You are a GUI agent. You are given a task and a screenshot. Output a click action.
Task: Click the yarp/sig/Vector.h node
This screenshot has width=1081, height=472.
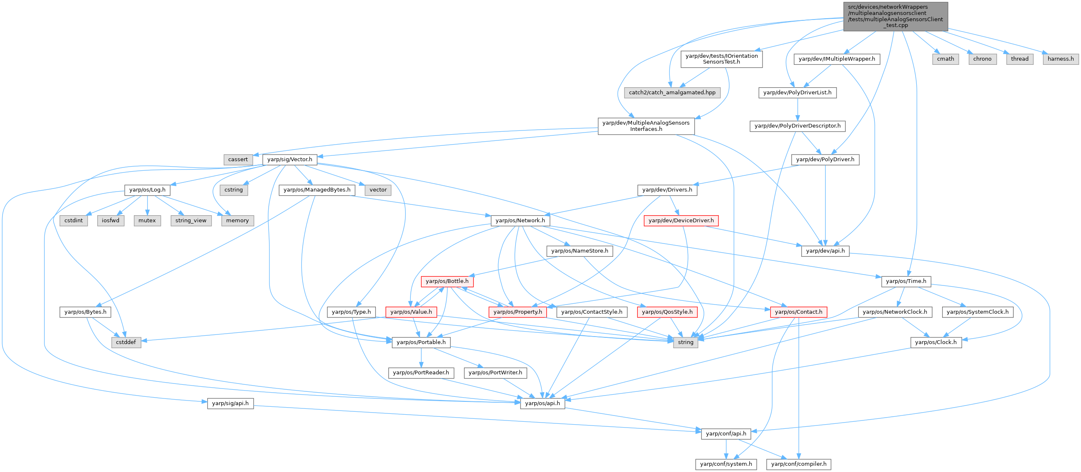[x=289, y=159]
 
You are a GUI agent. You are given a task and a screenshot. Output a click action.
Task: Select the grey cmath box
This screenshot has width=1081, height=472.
[x=945, y=59]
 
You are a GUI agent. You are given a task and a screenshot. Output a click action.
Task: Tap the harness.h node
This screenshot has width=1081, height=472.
[x=1061, y=59]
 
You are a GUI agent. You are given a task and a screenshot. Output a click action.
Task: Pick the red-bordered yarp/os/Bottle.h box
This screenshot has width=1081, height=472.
[x=447, y=281]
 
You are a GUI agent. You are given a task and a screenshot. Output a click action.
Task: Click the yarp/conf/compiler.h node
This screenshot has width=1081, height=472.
[x=799, y=464]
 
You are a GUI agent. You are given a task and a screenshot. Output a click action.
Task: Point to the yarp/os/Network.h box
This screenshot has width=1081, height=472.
[x=520, y=220]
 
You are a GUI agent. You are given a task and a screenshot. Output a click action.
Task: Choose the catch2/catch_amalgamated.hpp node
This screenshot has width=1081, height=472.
[x=672, y=92]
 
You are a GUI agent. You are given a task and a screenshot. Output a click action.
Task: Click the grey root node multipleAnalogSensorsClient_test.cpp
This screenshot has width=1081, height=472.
[x=895, y=16]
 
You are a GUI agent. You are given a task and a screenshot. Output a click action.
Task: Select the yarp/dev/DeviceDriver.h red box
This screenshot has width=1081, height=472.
[x=681, y=220]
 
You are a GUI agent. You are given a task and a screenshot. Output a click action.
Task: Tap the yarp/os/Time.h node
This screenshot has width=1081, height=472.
[x=906, y=281]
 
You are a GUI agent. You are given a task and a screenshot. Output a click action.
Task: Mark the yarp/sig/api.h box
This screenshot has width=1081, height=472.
[x=230, y=403]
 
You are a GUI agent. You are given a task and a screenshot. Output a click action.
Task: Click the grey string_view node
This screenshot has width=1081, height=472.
[x=190, y=220]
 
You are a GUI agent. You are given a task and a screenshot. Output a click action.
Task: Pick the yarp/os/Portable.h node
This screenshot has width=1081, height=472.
[x=421, y=342]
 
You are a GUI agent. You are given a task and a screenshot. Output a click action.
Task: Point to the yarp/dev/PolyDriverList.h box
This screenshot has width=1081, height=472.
[x=797, y=92]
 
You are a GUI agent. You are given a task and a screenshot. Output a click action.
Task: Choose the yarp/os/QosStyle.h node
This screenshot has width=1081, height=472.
[x=667, y=312]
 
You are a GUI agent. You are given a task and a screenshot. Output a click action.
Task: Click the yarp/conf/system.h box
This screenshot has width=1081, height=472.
[x=726, y=464]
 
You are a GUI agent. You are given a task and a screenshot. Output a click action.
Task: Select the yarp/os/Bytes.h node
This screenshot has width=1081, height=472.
[x=85, y=312]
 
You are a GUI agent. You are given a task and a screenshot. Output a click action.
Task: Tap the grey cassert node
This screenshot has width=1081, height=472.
[x=238, y=159]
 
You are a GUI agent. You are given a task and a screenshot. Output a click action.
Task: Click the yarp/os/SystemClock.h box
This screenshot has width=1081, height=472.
[x=977, y=312]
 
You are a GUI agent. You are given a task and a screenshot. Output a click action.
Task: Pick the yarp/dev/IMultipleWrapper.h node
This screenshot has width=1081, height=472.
[x=837, y=59]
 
